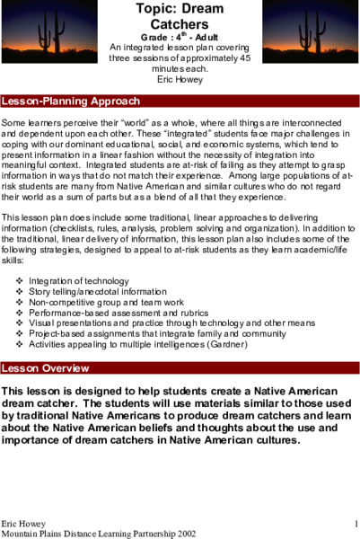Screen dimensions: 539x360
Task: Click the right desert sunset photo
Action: pos(310,31)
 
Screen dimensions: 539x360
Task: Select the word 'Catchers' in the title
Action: pos(180,26)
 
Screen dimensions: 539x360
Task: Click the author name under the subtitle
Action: pos(180,78)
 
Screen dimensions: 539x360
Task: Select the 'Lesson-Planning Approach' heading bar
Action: pos(71,101)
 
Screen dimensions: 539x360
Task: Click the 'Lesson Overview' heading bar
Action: pos(45,367)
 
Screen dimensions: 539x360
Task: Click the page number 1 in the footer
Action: pos(356,523)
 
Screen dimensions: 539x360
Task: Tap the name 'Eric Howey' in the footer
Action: pos(22,523)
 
